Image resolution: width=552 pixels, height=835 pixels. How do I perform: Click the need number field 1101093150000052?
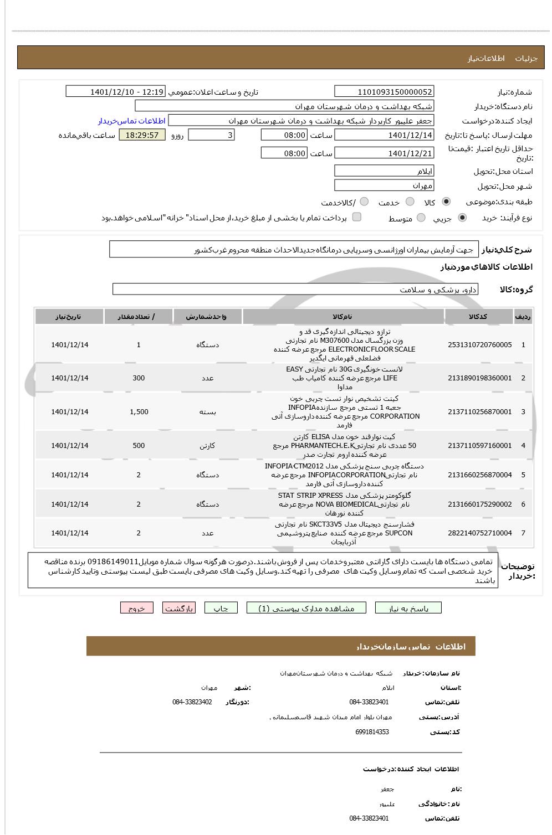[x=384, y=92]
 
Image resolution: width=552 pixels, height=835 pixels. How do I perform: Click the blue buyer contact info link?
[x=132, y=121]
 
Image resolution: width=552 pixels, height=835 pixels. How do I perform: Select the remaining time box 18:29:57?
[x=142, y=135]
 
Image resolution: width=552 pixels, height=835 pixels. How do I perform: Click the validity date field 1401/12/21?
[x=384, y=153]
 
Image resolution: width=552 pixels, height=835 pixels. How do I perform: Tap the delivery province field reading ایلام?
[x=384, y=171]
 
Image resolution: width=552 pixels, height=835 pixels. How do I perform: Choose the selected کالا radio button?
[x=446, y=202]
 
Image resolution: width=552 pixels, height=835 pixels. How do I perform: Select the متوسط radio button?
[x=421, y=218]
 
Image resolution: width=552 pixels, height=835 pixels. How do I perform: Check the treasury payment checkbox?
[x=357, y=217]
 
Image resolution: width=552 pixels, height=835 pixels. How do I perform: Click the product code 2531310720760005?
[x=479, y=345]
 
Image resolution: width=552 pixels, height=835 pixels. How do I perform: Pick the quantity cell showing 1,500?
[x=139, y=412]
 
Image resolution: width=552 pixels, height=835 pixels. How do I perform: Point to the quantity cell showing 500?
[x=139, y=446]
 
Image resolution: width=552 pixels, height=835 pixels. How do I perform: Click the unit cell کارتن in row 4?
[x=207, y=446]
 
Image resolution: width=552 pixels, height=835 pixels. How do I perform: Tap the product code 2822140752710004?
[x=479, y=533]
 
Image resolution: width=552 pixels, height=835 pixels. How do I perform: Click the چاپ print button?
[x=221, y=608]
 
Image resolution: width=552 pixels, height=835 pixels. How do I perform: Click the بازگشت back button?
[x=179, y=608]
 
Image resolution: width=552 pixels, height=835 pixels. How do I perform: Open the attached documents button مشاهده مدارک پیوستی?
[x=307, y=608]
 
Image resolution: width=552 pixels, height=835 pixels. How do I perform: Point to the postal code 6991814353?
[x=372, y=732]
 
